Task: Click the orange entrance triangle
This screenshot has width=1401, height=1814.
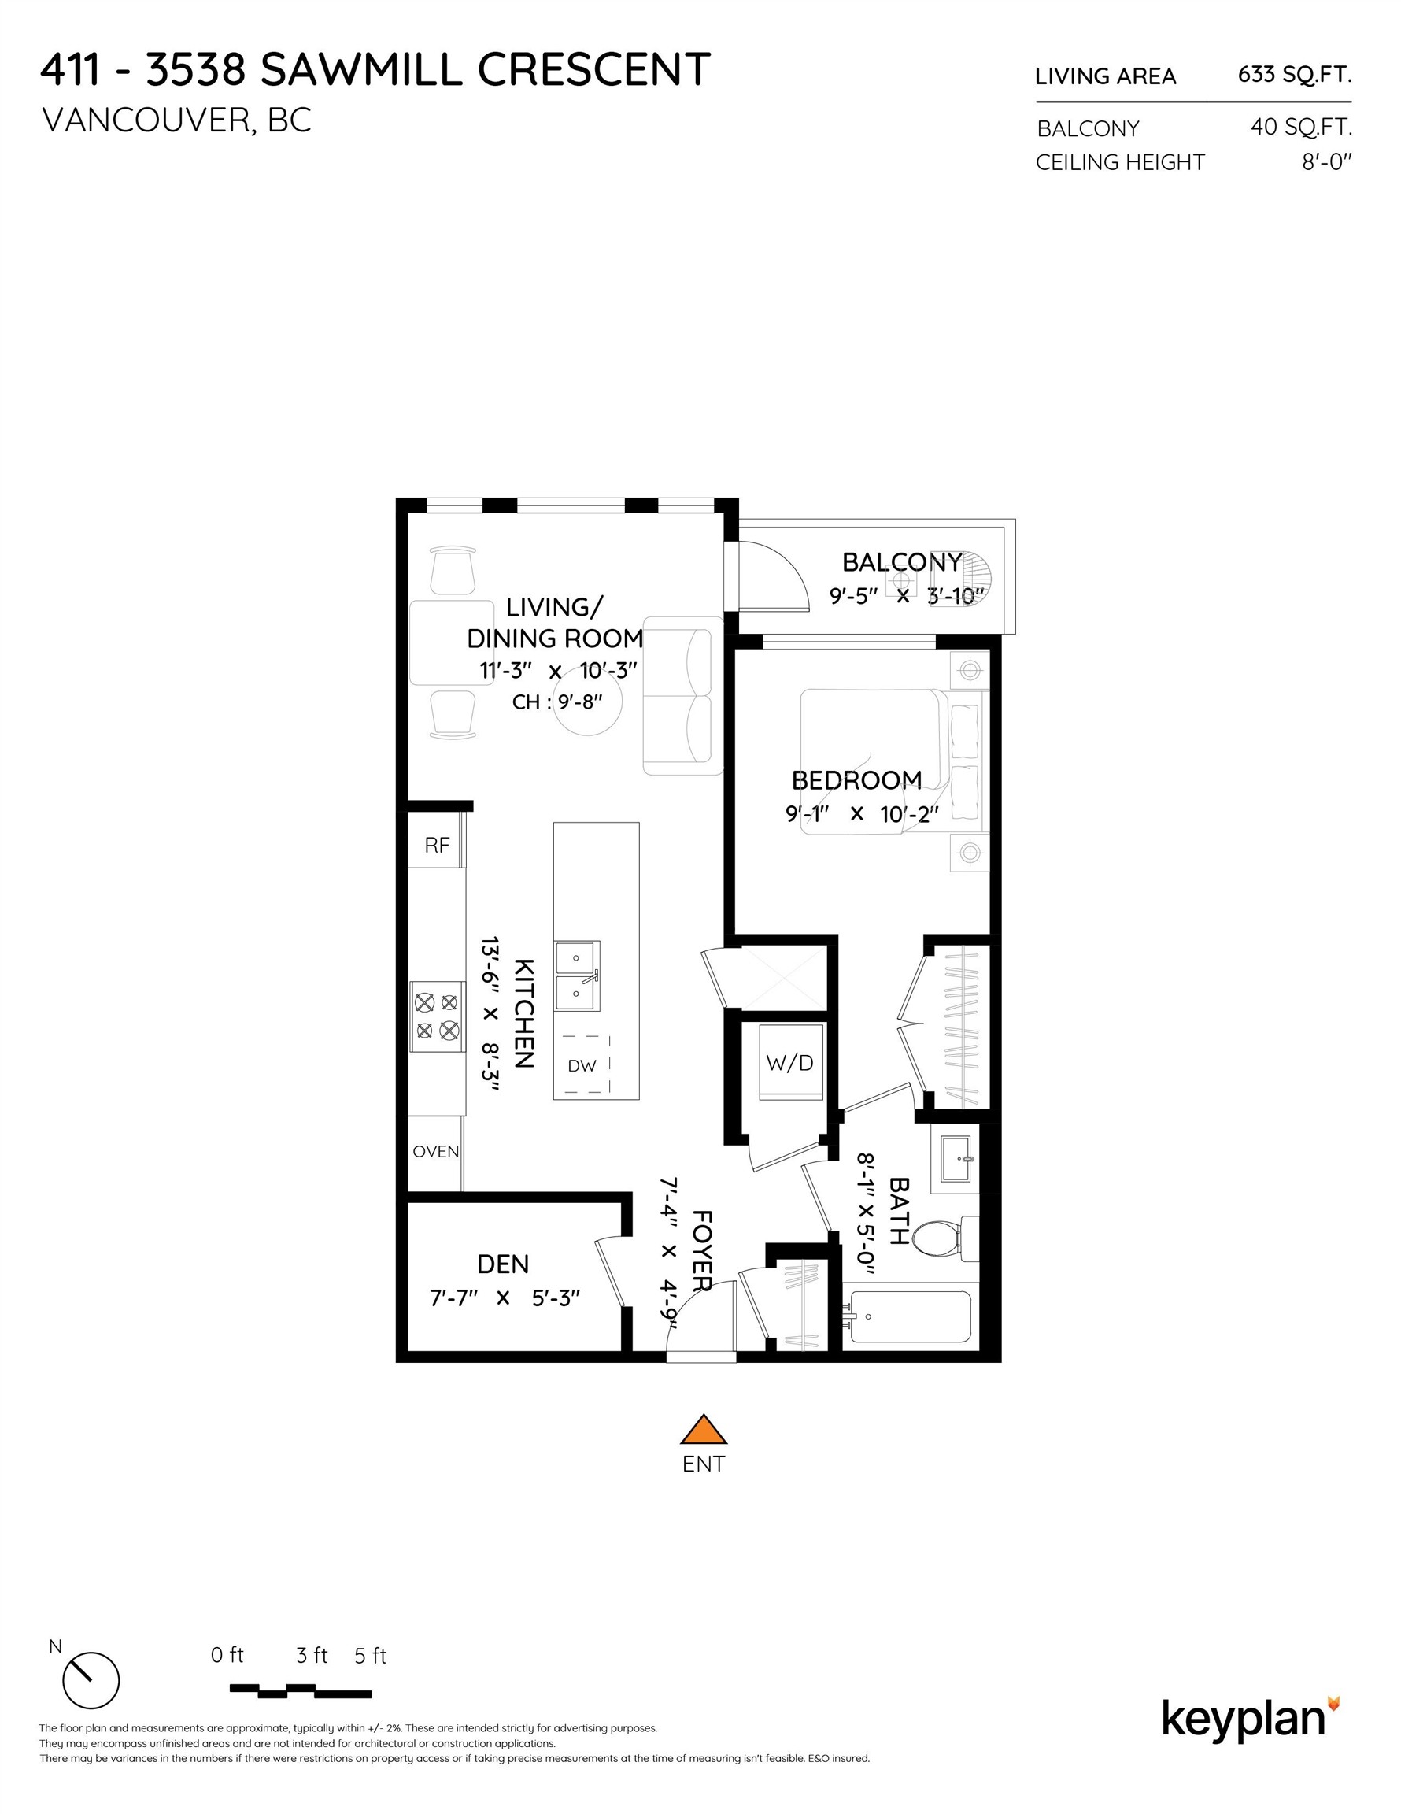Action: pos(704,1431)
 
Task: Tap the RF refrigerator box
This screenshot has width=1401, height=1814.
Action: pos(437,846)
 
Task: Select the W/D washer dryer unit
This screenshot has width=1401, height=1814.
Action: pos(789,1062)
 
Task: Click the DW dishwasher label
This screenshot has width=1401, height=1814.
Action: pos(582,1065)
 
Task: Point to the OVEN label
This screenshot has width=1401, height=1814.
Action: pos(436,1151)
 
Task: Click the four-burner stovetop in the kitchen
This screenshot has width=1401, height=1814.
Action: pos(437,1016)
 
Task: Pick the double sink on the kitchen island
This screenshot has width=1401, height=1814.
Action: pos(577,975)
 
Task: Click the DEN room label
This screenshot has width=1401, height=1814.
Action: pos(502,1264)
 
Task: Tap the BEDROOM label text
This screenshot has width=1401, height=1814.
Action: pos(856,781)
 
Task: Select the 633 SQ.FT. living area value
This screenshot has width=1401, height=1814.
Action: pos(1294,75)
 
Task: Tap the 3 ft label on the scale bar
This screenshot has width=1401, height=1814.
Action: pos(312,1657)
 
